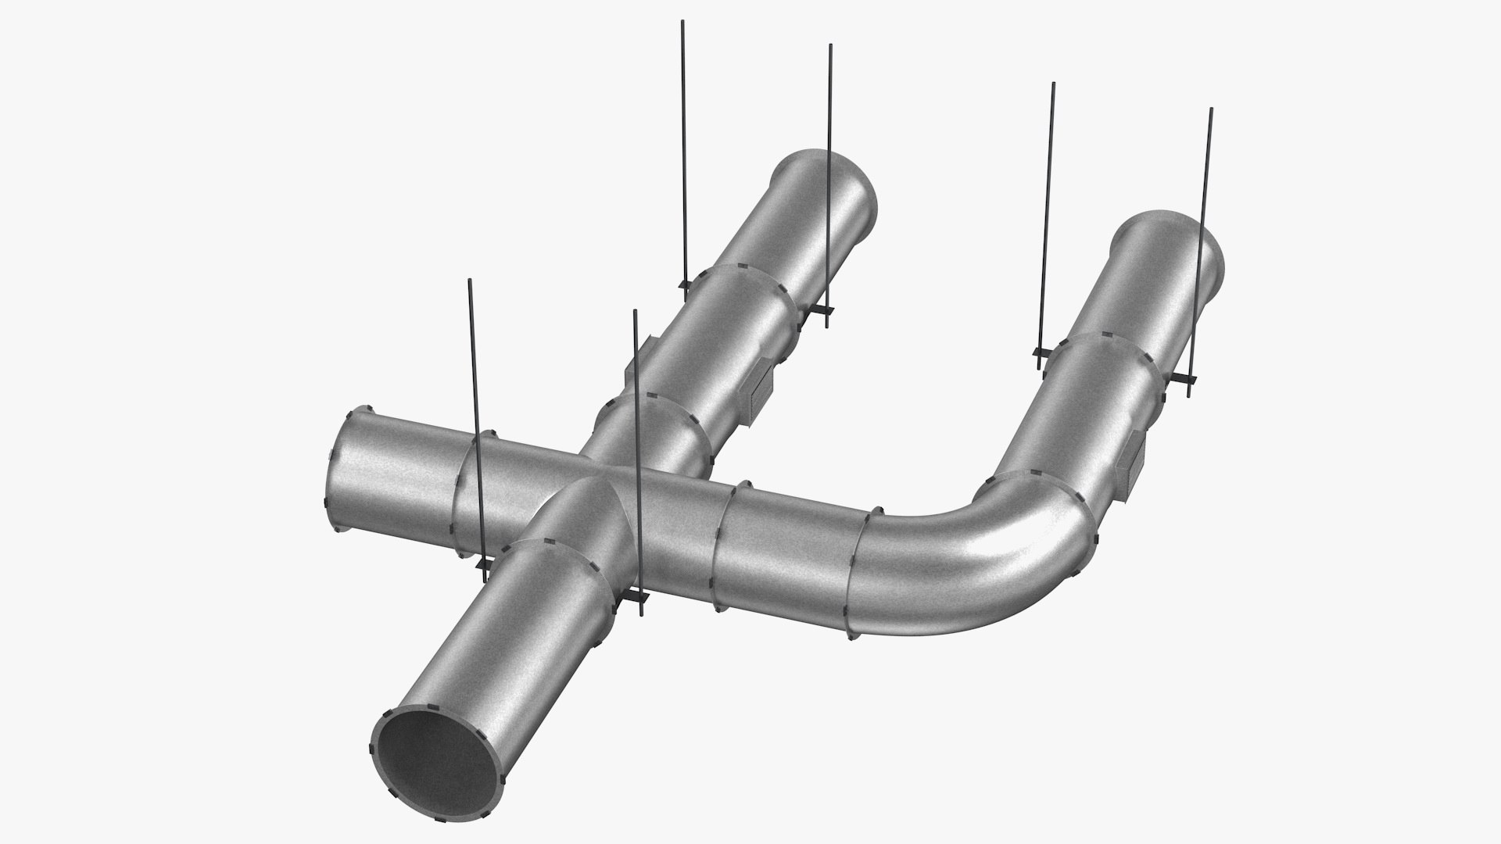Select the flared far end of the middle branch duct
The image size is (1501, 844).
829,188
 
